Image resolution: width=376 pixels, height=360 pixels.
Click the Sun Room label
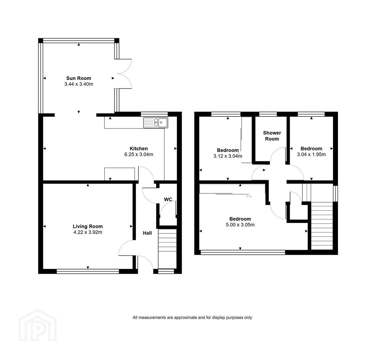click(79, 78)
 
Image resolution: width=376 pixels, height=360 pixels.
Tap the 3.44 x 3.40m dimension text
click(79, 84)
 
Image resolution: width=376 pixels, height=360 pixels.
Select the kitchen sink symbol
click(155, 123)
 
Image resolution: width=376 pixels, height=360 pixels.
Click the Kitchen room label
click(138, 149)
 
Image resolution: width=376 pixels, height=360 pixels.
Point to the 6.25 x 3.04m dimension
click(138, 154)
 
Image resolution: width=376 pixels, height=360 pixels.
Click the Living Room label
click(88, 226)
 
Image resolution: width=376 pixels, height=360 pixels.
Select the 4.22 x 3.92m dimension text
click(88, 232)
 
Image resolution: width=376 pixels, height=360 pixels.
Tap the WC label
click(168, 199)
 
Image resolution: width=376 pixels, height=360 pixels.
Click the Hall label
click(147, 233)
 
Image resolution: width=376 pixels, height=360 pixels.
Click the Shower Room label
click(272, 136)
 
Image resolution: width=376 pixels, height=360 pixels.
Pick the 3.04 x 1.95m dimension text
click(311, 154)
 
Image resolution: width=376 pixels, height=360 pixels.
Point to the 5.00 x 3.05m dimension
click(240, 225)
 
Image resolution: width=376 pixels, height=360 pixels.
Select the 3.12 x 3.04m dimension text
click(228, 156)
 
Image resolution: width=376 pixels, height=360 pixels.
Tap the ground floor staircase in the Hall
click(167, 249)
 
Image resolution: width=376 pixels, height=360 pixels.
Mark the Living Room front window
click(88, 271)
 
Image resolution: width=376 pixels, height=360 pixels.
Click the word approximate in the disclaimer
click(185, 318)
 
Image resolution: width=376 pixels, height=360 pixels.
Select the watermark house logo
click(38, 325)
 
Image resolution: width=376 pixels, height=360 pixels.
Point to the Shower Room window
click(268, 114)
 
